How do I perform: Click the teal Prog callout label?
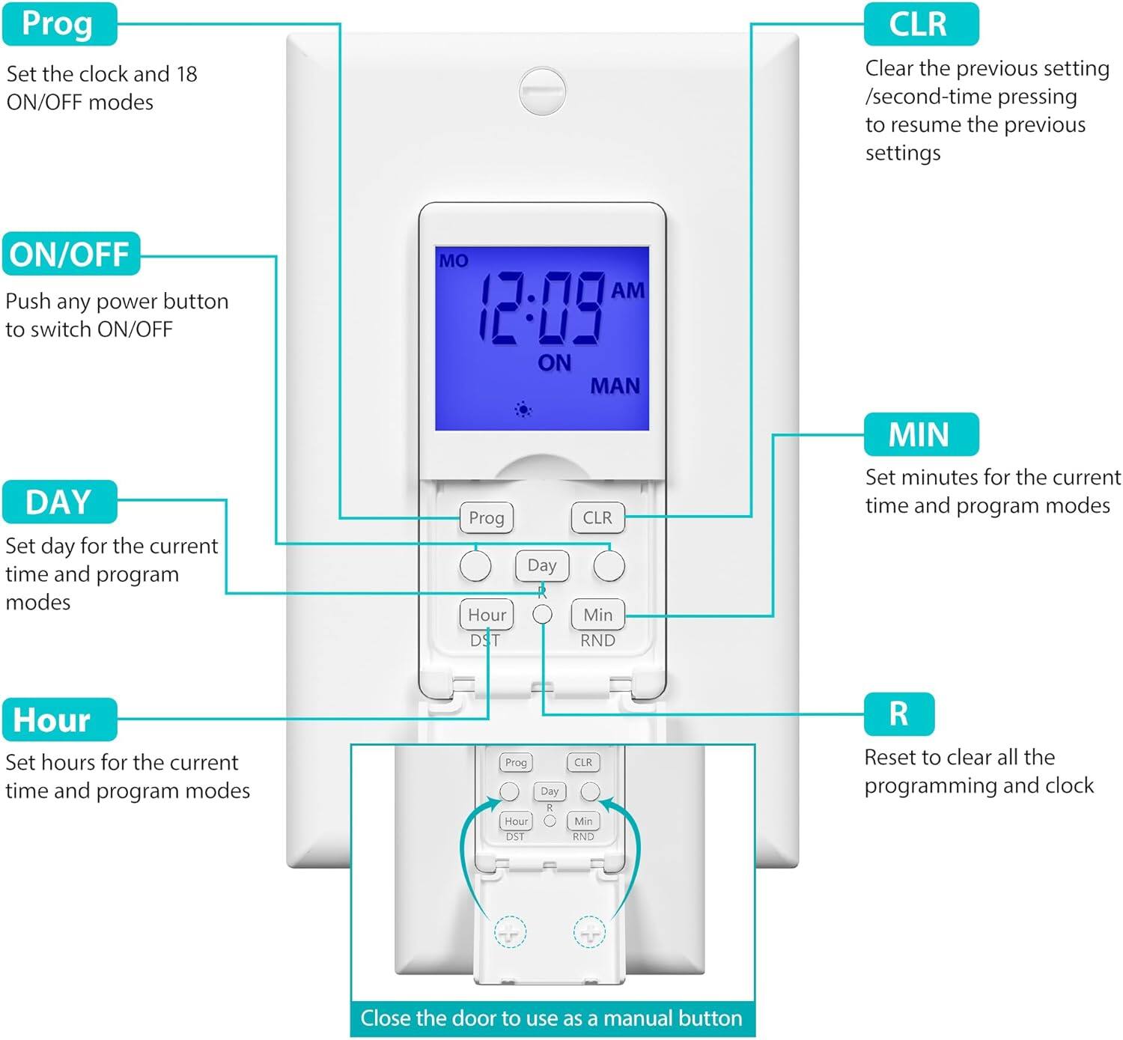point(58,24)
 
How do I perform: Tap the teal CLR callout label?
point(920,24)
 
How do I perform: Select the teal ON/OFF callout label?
point(70,255)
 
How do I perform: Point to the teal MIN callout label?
point(920,434)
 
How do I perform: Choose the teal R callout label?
point(898,714)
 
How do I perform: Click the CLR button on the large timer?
point(597,517)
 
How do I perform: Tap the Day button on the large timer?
point(542,565)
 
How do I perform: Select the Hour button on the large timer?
point(487,615)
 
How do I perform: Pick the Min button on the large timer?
point(597,615)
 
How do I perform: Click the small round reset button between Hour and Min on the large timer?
point(542,615)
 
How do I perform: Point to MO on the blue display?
point(454,261)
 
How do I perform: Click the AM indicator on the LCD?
point(627,291)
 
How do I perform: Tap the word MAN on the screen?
point(615,386)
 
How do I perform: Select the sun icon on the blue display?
point(523,410)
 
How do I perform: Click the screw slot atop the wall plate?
point(542,91)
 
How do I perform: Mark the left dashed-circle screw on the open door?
point(511,932)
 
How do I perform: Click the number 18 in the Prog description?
point(186,74)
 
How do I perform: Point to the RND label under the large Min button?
point(597,641)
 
